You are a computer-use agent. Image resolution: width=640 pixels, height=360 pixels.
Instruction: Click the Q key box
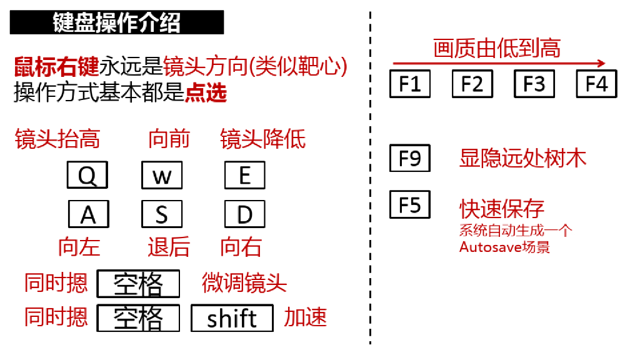pyautogui.click(x=87, y=176)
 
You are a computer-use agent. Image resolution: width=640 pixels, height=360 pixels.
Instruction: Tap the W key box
pyautogui.click(x=162, y=176)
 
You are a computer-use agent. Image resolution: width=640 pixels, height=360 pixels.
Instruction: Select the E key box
pyautogui.click(x=244, y=176)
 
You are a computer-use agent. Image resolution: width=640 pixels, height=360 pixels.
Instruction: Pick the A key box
pyautogui.click(x=88, y=214)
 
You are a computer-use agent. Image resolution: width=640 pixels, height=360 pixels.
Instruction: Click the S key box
pyautogui.click(x=162, y=214)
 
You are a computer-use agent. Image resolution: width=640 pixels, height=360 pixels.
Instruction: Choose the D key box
pyautogui.click(x=244, y=214)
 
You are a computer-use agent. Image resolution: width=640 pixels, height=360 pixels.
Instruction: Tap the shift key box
pyautogui.click(x=232, y=318)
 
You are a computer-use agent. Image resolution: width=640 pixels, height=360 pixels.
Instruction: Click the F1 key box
pyautogui.click(x=410, y=84)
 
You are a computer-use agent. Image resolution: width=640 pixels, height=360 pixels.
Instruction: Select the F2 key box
pyautogui.click(x=472, y=84)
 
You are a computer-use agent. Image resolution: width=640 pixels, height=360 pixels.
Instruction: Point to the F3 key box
pyautogui.click(x=534, y=84)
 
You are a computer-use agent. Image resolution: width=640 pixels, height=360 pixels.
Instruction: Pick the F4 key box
pyautogui.click(x=596, y=84)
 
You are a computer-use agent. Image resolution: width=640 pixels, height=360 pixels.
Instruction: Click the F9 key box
pyautogui.click(x=410, y=158)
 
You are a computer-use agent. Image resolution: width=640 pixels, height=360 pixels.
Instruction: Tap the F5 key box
pyautogui.click(x=410, y=204)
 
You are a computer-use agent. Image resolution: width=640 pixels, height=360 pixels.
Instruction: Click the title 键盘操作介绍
pyautogui.click(x=117, y=23)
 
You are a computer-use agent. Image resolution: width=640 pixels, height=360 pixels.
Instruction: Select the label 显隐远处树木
pyautogui.click(x=522, y=158)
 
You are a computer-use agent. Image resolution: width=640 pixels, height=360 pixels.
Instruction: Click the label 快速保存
pyautogui.click(x=502, y=208)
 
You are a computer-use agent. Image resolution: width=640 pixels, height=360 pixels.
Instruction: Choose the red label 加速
pyautogui.click(x=306, y=317)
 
